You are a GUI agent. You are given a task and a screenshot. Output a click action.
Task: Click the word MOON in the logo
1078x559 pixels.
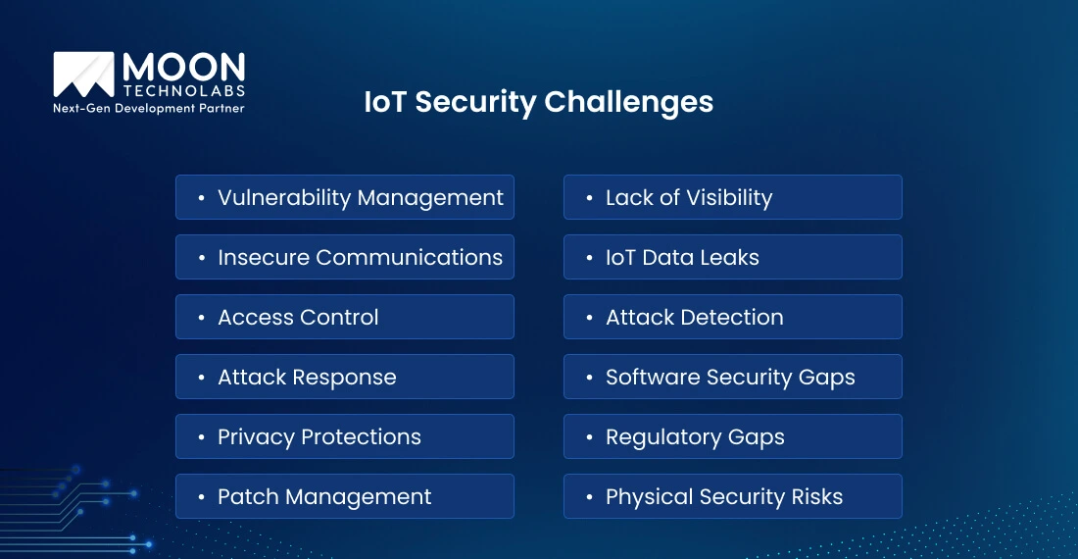click(x=183, y=68)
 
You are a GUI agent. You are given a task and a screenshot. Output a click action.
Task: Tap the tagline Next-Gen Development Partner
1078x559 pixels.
click(x=148, y=108)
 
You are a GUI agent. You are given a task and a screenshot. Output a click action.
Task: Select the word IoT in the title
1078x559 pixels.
click(x=385, y=102)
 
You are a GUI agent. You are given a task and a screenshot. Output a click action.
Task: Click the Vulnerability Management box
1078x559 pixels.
click(x=345, y=197)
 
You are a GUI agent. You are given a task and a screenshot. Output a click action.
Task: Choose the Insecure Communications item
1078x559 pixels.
click(x=345, y=257)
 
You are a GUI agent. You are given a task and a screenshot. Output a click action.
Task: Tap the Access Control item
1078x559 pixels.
click(x=345, y=317)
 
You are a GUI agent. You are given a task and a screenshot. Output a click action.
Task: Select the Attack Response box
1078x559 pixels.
click(x=345, y=377)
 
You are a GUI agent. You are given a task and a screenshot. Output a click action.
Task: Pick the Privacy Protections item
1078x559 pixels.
click(x=345, y=436)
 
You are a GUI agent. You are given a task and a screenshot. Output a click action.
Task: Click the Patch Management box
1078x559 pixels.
click(x=345, y=496)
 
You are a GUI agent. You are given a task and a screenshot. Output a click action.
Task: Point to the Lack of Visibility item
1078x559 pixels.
click(x=732, y=197)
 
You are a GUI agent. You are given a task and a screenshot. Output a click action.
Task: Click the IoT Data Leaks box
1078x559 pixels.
click(x=732, y=257)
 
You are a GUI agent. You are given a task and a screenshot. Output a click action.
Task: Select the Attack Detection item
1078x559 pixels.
click(x=732, y=317)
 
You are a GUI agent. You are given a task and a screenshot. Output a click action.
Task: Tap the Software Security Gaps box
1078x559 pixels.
click(x=732, y=377)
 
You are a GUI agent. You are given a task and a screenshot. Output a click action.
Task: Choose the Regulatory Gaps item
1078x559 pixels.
click(x=732, y=436)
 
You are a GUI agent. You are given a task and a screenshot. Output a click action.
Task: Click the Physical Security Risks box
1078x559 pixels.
click(x=732, y=496)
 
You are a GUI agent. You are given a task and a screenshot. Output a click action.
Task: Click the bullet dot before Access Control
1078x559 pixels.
click(x=201, y=318)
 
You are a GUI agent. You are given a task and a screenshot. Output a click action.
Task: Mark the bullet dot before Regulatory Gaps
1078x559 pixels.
click(x=589, y=437)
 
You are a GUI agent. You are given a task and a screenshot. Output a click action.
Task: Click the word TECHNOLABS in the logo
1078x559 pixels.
click(x=183, y=91)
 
